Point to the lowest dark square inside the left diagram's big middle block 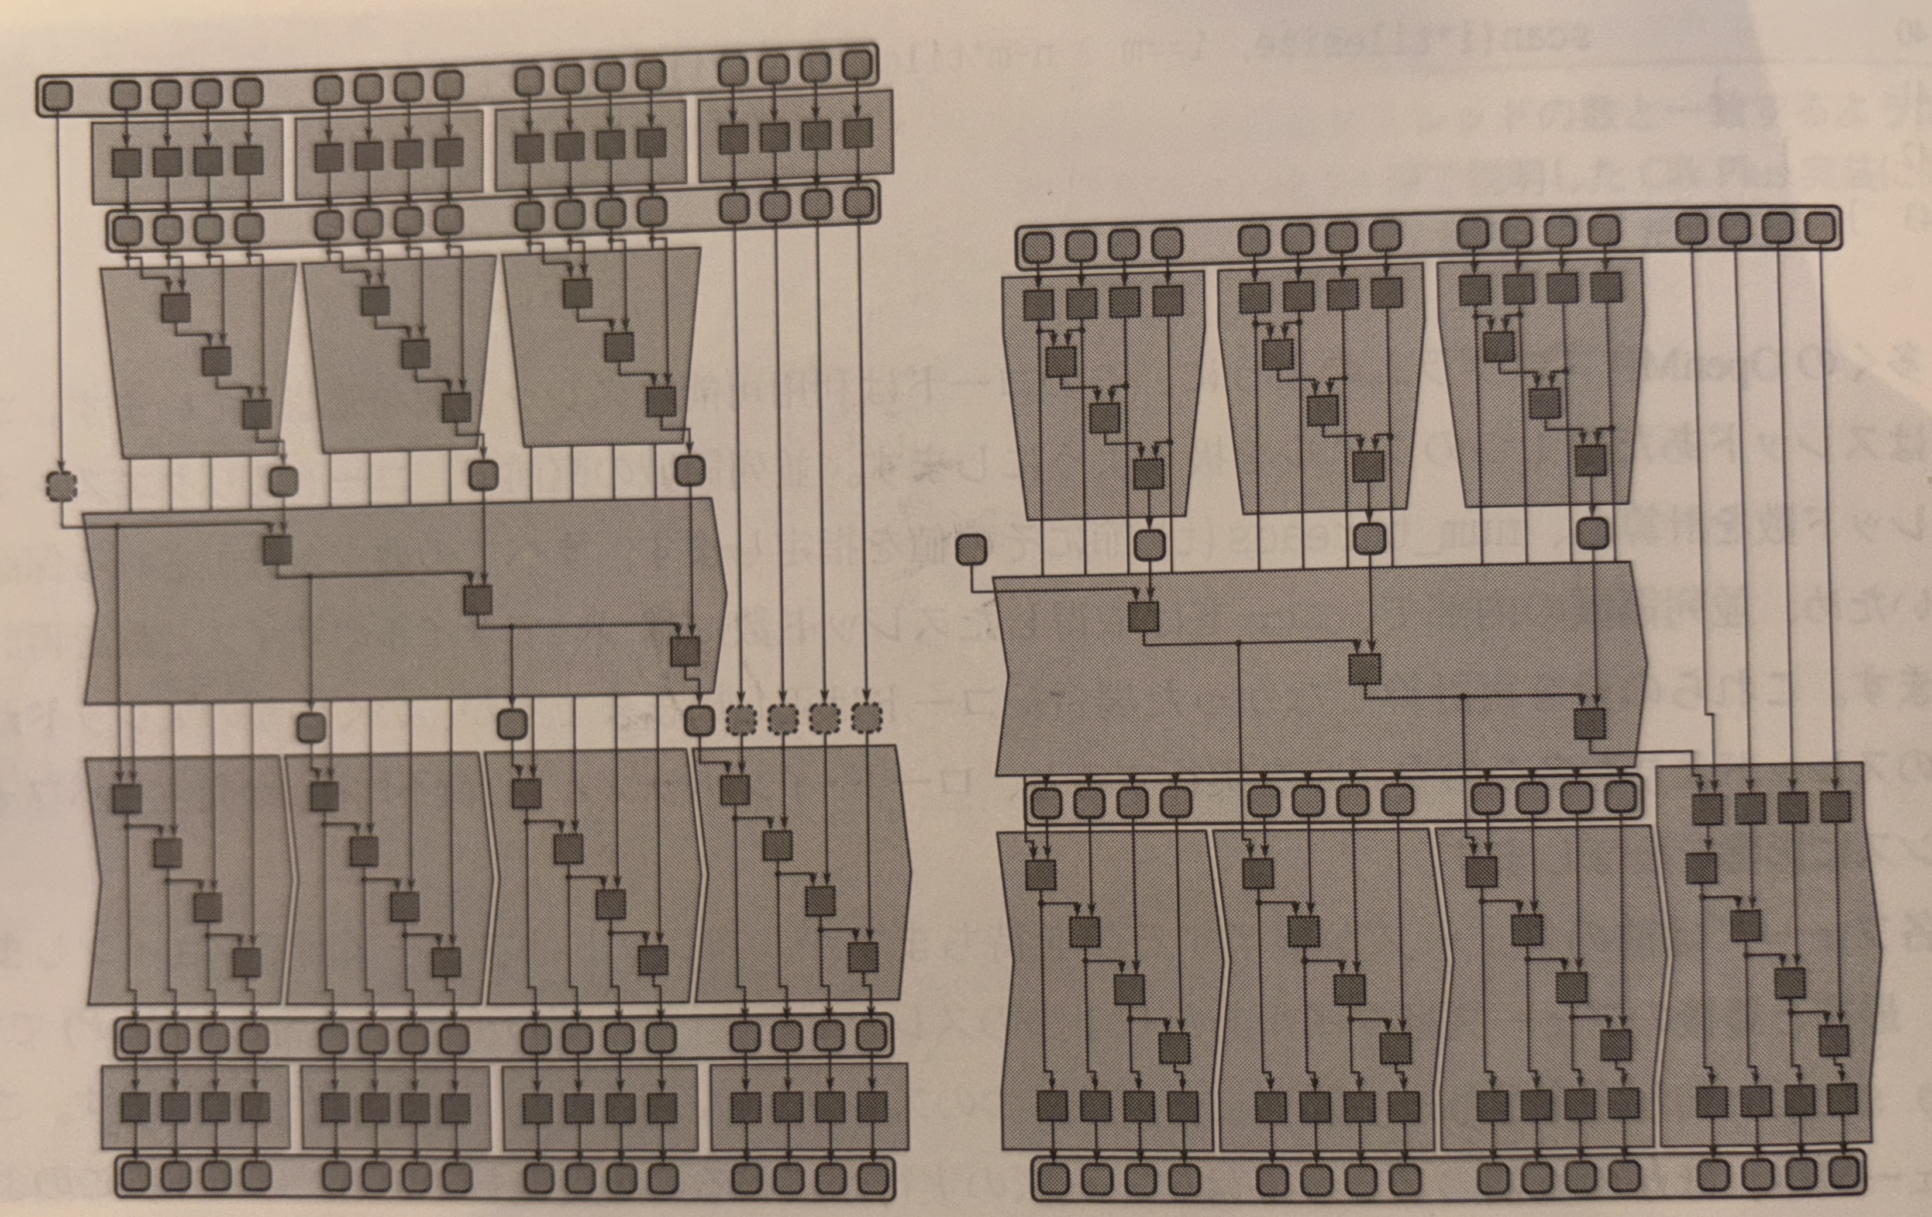[x=684, y=651]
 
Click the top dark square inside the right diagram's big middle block [x=1144, y=616]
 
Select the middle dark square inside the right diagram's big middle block [x=1364, y=669]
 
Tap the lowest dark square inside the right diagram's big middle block [x=1589, y=723]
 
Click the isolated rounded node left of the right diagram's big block [x=972, y=550]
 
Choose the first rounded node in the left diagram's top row [x=56, y=96]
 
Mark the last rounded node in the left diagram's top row [x=857, y=64]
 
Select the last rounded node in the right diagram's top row [x=1820, y=229]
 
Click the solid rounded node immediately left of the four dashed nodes [x=699, y=720]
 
